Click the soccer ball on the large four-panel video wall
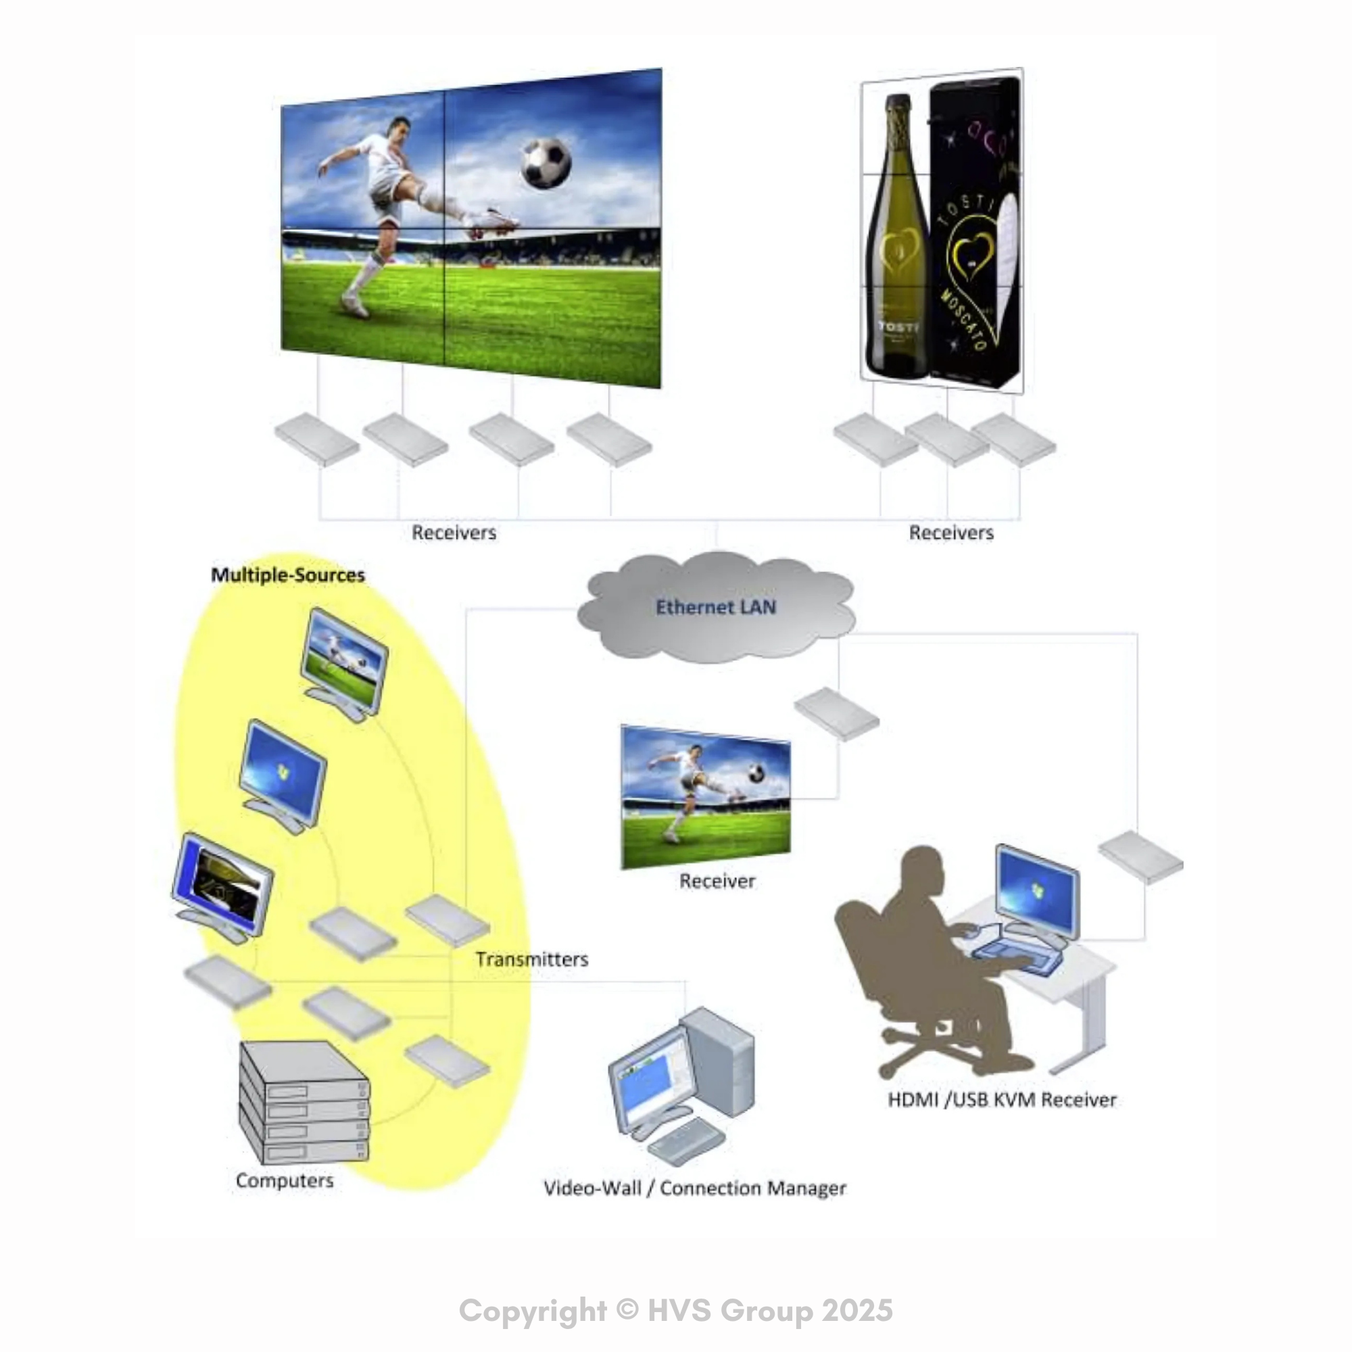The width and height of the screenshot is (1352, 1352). click(546, 163)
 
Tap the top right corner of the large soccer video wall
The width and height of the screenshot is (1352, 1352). click(661, 68)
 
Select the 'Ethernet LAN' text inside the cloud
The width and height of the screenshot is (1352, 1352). click(716, 607)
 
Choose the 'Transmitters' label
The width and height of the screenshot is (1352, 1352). click(532, 959)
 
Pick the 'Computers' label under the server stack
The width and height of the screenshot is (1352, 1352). click(285, 1180)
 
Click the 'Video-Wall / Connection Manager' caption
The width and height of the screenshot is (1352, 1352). click(695, 1188)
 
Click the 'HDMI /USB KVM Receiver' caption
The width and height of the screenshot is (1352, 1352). click(1002, 1100)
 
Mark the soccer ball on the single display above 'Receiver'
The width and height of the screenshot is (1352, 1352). click(756, 772)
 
